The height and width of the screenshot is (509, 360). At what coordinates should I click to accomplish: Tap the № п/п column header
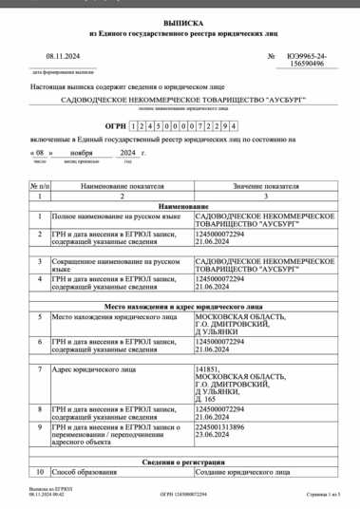pyautogui.click(x=39, y=187)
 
